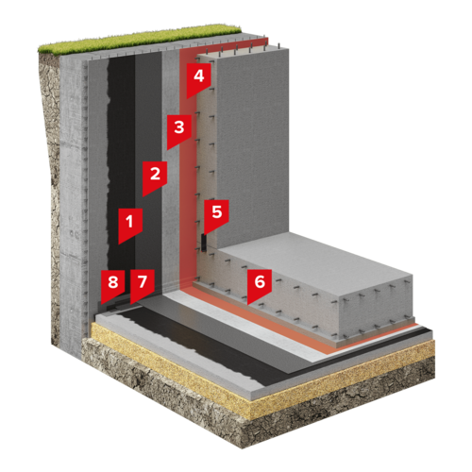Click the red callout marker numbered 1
pos(130,224)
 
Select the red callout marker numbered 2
pos(155,177)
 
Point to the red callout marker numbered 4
pos(198,78)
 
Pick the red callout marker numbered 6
pos(260,284)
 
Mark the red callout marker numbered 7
pos(143,284)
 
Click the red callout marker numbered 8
pos(113,284)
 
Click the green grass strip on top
pos(139,40)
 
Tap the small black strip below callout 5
pos(204,243)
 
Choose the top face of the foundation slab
pos(314,263)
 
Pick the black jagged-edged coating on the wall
pos(121,163)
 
